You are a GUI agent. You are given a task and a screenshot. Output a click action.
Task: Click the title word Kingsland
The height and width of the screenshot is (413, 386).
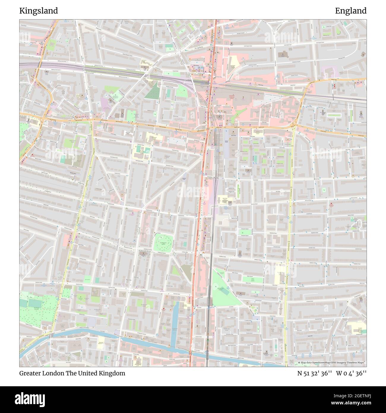[39, 11]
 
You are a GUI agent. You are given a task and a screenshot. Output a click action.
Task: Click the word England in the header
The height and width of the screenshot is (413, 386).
[351, 11]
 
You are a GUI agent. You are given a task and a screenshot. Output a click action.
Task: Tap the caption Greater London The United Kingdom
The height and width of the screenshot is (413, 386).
[72, 373]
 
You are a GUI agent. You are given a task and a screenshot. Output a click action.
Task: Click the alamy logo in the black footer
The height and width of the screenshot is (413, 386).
[29, 399]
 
